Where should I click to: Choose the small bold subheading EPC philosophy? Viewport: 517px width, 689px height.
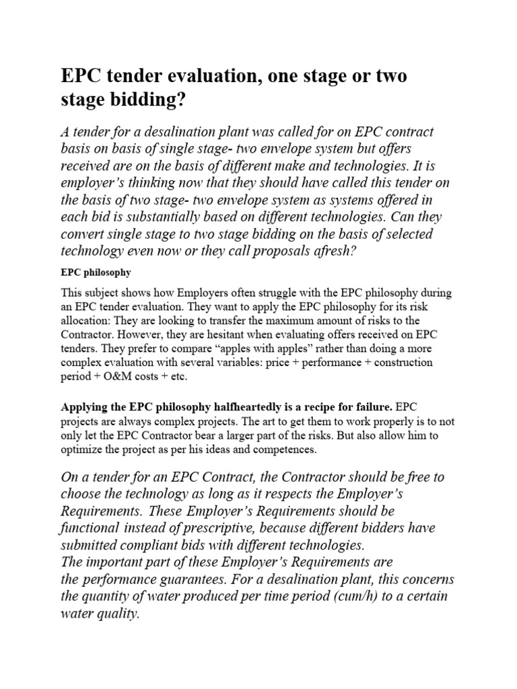tap(96, 274)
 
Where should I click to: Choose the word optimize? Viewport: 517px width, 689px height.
tap(82, 449)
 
